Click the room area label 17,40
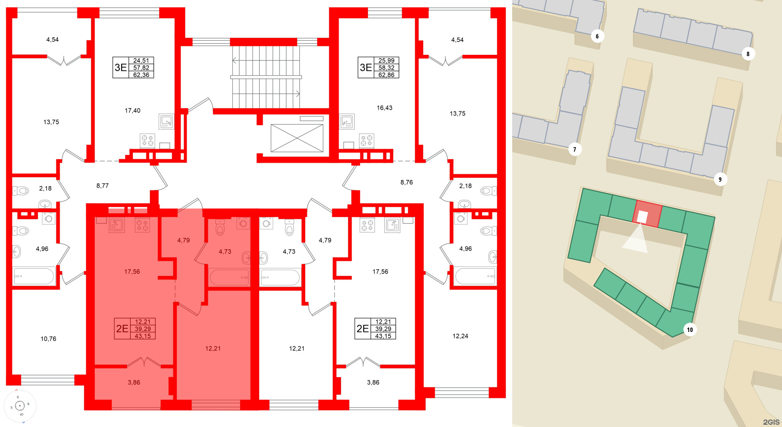coord(132,111)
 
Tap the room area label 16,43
coord(384,108)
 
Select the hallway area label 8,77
coord(102,186)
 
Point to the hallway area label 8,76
coord(406,182)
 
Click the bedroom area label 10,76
coord(48,339)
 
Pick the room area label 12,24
coord(460,336)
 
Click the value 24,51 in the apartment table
coord(141,61)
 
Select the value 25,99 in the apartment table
coord(386,61)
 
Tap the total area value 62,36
coord(141,75)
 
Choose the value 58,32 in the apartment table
coord(386,68)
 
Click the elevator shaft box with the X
coord(297,138)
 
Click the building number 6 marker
coord(597,36)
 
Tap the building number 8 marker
coord(748,54)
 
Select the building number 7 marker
coord(575,149)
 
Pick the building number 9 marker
coord(720,179)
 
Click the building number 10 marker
coord(690,330)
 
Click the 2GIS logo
coord(771,422)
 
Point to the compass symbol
coord(20,406)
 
